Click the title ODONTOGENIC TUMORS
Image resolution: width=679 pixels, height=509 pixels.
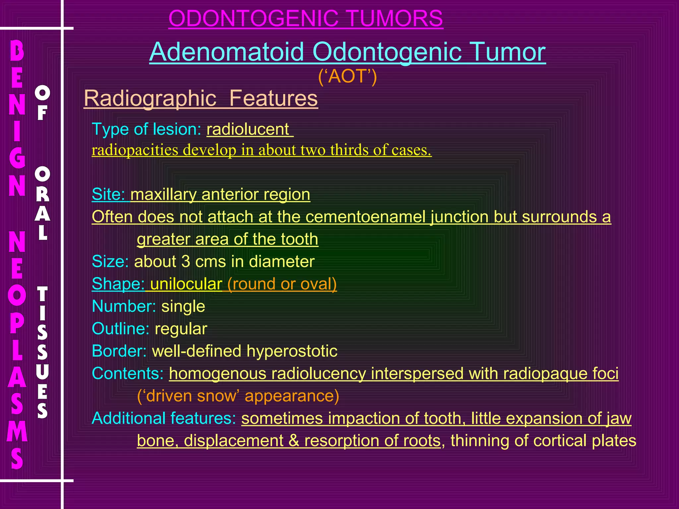tap(305, 19)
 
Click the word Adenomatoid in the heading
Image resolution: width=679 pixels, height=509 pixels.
tap(227, 52)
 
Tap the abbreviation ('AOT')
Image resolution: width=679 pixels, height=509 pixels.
tap(347, 76)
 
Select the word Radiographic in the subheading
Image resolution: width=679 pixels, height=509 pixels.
tap(150, 98)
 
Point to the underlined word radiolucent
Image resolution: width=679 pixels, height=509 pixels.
tap(248, 129)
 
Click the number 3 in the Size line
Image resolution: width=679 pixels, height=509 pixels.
tap(186, 261)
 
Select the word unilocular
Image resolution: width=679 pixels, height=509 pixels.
tap(186, 284)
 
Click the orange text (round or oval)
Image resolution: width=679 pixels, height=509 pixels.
tap(282, 284)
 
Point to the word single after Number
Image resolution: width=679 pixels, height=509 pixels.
tap(183, 307)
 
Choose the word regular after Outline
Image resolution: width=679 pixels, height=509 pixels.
tap(181, 329)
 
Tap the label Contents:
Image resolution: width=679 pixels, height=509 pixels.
tap(128, 374)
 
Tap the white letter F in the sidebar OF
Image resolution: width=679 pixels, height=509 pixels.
tap(42, 113)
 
